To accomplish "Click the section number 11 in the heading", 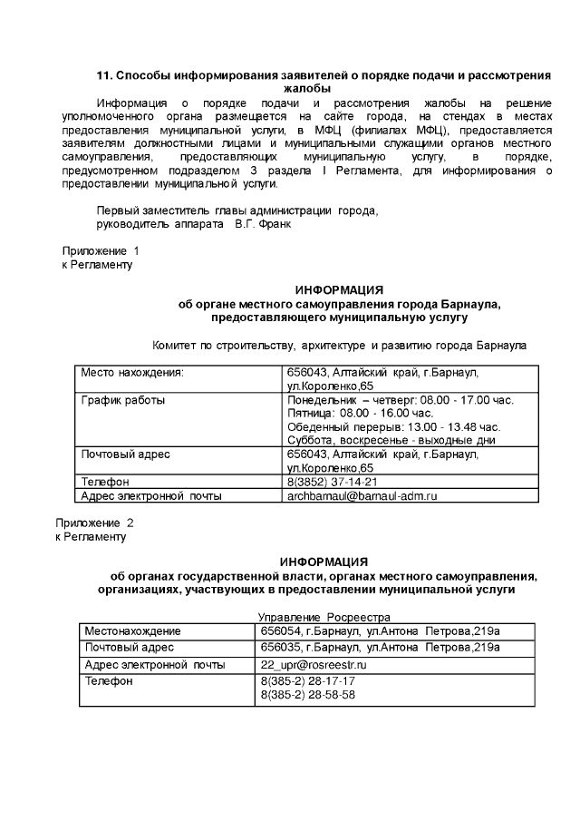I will [x=104, y=75].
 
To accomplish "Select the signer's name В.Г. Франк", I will [x=263, y=224].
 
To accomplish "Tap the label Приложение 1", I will [x=100, y=250].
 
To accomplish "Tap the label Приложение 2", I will [x=94, y=523].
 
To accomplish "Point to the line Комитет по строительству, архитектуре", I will [x=339, y=346].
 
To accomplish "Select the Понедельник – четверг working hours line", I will [x=400, y=400].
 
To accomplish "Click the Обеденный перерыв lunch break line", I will [x=393, y=426].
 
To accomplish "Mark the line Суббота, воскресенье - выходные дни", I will [x=391, y=440].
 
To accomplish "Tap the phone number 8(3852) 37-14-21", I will [x=332, y=482].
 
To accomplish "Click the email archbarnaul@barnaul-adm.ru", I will [x=362, y=496].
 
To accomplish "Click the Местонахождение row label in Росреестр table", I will [x=132, y=631].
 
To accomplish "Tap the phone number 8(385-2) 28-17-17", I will [x=307, y=681].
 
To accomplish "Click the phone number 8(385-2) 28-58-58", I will [x=307, y=695].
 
